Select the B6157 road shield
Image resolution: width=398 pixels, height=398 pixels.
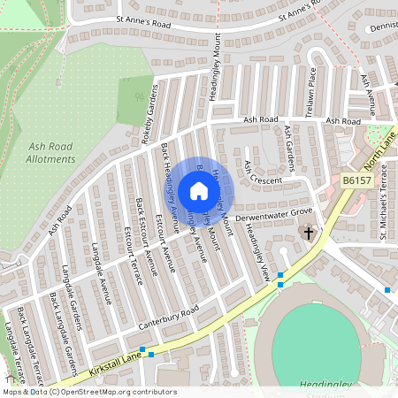click(355, 180)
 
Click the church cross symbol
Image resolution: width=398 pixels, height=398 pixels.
click(309, 233)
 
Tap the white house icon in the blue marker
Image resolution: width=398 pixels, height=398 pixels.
click(198, 191)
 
